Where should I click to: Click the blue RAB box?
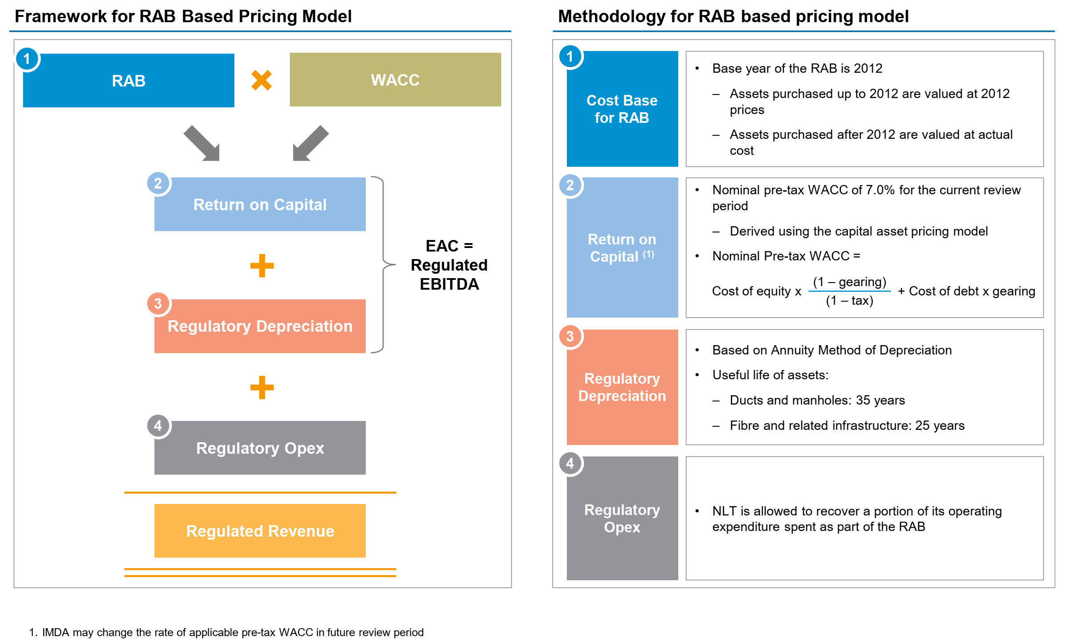[128, 81]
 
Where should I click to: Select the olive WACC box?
[395, 80]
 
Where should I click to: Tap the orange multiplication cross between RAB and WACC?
[261, 80]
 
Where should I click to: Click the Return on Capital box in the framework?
[260, 204]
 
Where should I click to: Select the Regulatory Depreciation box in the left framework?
[260, 326]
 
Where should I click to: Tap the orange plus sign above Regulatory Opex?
[262, 387]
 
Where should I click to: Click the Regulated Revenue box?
[260, 531]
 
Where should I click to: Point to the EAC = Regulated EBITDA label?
[449, 265]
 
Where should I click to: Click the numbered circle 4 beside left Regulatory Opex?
[158, 426]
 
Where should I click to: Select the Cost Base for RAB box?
[622, 109]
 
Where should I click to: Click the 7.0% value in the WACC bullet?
[880, 190]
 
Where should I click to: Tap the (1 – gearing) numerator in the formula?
[849, 282]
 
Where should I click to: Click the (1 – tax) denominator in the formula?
[849, 301]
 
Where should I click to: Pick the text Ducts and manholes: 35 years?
[817, 400]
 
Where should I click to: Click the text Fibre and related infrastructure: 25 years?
[847, 425]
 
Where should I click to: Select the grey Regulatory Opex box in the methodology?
[622, 518]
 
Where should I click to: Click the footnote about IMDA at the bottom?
[226, 632]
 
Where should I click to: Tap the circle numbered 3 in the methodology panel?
[570, 337]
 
